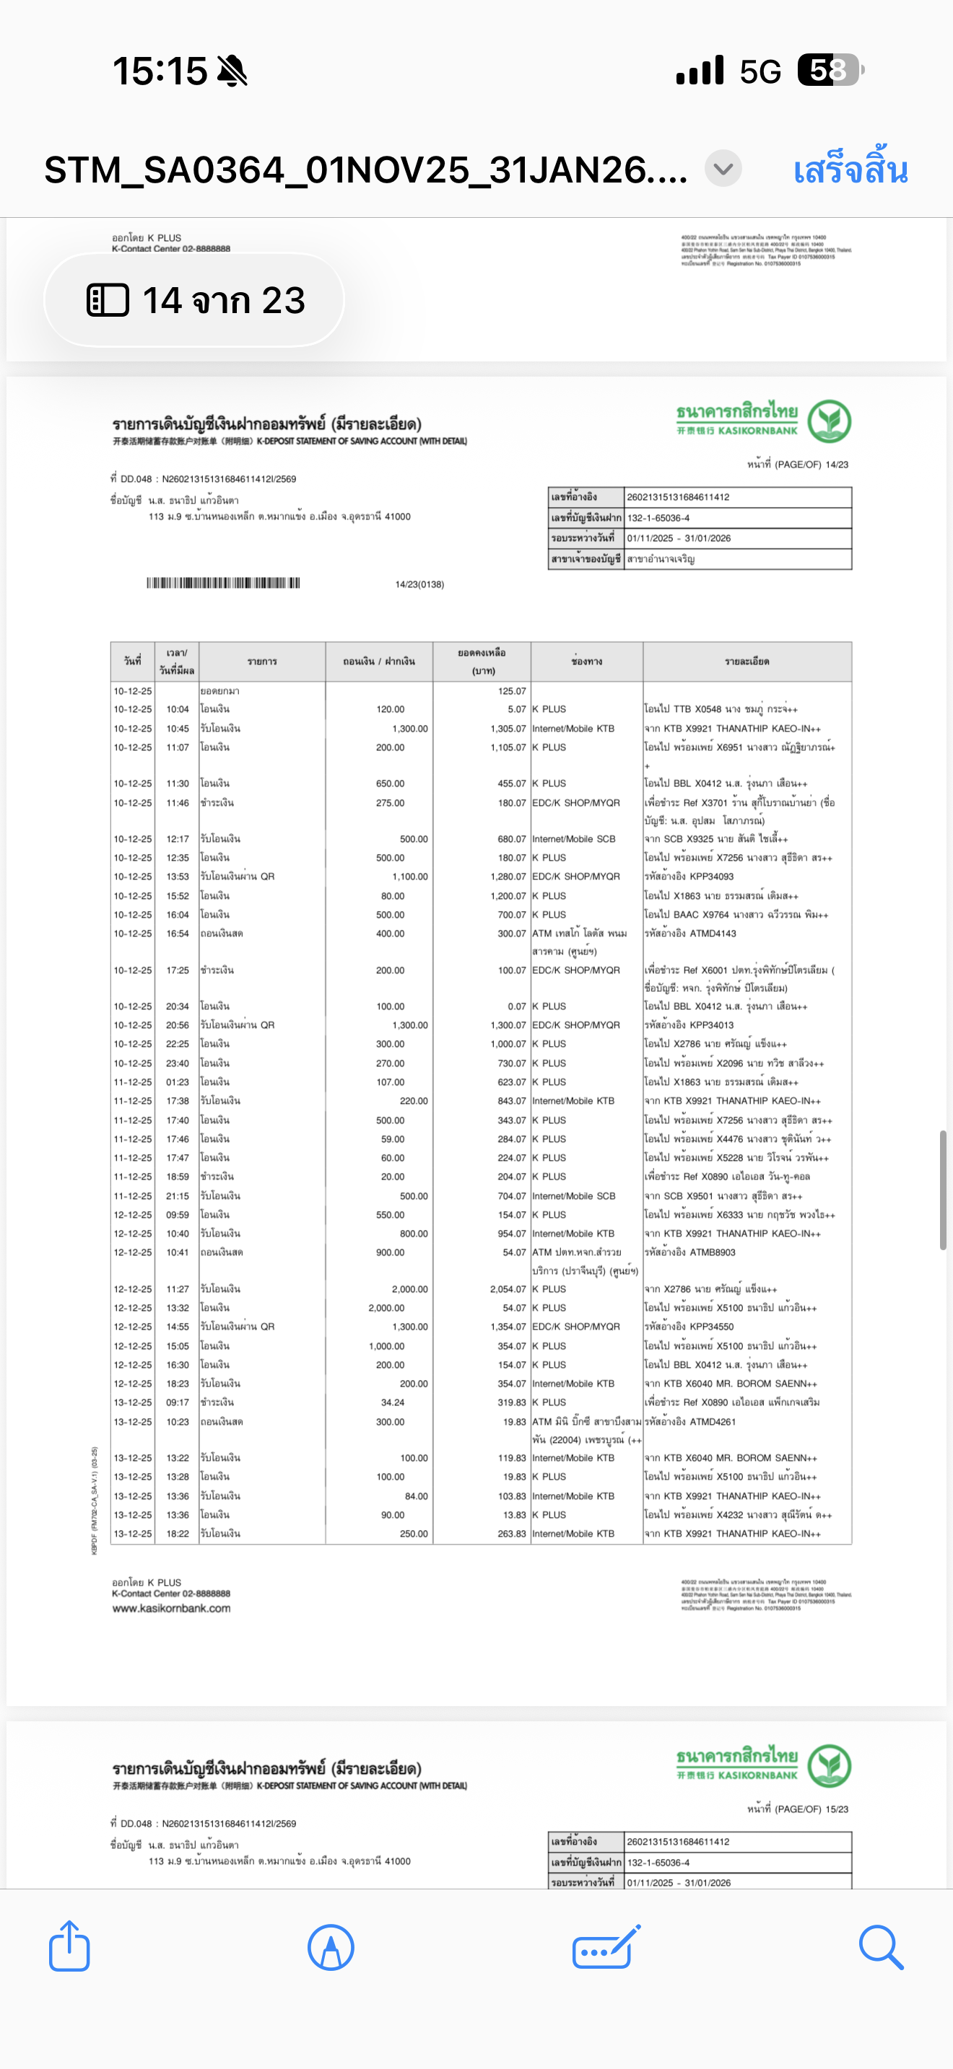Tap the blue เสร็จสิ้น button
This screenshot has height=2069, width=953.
[850, 170]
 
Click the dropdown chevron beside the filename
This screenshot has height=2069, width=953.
[723, 169]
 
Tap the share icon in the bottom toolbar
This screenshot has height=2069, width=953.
[69, 1946]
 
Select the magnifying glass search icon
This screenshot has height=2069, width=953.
[881, 1946]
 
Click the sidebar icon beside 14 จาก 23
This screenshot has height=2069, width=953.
[108, 300]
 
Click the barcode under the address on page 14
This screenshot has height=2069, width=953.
[223, 583]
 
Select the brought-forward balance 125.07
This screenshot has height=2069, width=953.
[511, 690]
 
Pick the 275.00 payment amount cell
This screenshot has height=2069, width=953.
[391, 802]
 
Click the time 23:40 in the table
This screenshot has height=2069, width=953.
[178, 1063]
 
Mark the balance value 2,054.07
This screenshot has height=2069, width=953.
[508, 1289]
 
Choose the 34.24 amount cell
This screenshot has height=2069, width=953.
[392, 1402]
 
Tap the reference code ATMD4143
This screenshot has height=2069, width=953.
[701, 934]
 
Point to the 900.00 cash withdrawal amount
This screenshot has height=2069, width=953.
[391, 1252]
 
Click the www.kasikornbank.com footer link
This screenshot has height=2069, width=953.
[171, 1608]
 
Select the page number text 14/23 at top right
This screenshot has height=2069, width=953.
[837, 465]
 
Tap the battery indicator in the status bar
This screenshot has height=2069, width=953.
[830, 70]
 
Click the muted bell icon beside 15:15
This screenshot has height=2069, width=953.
[232, 71]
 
